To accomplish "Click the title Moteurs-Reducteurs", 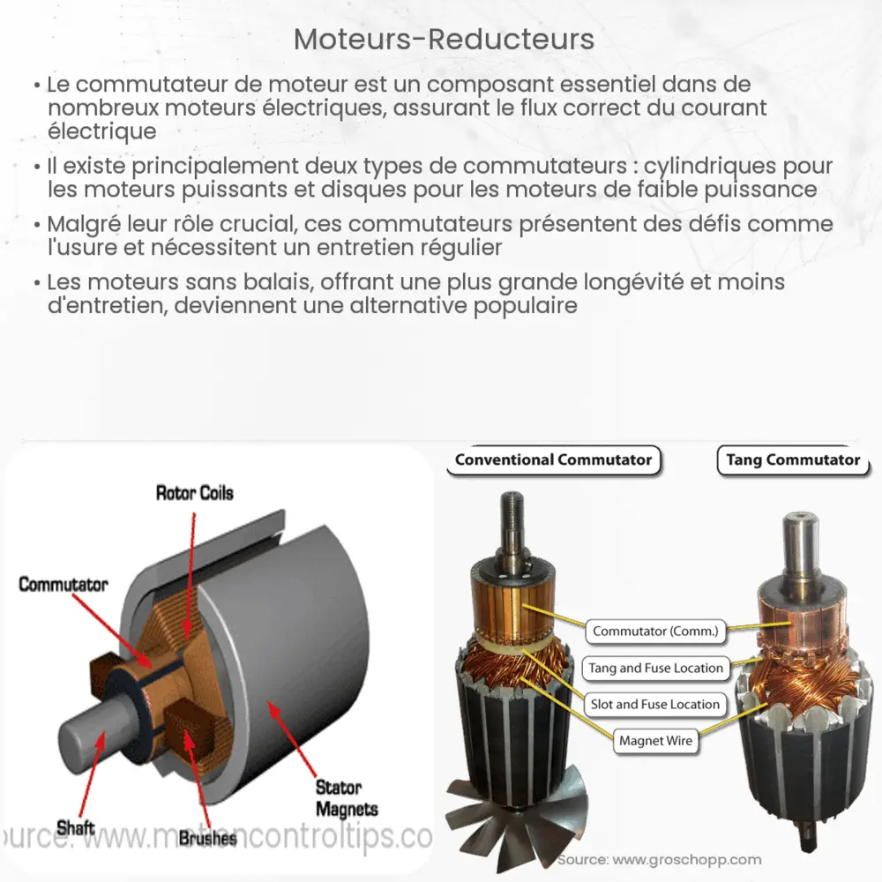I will [x=444, y=40].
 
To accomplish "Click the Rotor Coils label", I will [x=194, y=492].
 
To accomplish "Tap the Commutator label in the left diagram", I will [x=64, y=584].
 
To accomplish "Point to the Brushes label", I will [x=207, y=838].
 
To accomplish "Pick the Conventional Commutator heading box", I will [x=554, y=460].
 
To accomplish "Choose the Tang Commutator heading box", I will [x=792, y=460].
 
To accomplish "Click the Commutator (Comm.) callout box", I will [x=656, y=631].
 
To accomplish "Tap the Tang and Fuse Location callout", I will [x=655, y=668].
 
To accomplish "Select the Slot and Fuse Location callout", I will [x=655, y=704].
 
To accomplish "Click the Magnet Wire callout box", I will [x=655, y=741].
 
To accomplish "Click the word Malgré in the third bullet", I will [x=80, y=225].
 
